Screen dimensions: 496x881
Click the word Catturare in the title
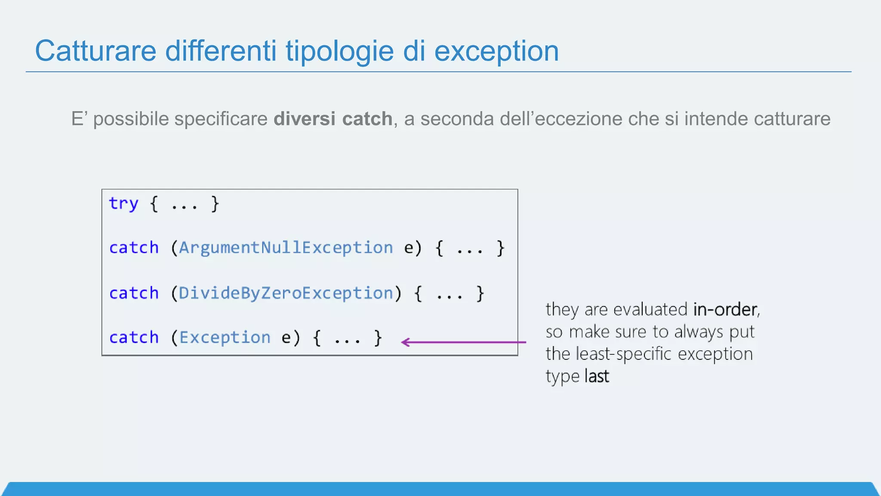(x=95, y=51)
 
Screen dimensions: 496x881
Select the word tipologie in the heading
(x=339, y=51)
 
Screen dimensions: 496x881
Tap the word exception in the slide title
(x=496, y=51)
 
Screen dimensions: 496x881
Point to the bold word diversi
(x=304, y=119)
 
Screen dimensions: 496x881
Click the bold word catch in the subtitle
(x=367, y=119)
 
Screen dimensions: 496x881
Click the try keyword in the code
(x=123, y=203)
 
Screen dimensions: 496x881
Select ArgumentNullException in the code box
(x=286, y=248)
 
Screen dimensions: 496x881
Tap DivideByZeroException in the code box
(x=286, y=293)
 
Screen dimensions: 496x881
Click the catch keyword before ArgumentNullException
(x=134, y=248)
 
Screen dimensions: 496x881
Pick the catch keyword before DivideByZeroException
(x=134, y=293)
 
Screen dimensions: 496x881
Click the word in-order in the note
(x=725, y=310)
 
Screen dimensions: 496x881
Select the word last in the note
(x=597, y=376)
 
